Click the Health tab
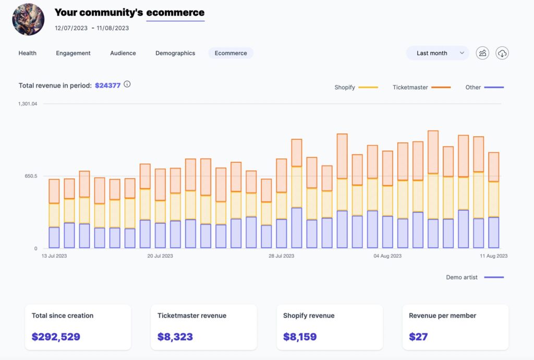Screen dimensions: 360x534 (27, 53)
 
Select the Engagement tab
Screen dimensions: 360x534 (73, 53)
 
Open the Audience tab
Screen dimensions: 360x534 (123, 53)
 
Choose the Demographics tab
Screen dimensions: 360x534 (175, 53)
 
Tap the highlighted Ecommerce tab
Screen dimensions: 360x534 (230, 53)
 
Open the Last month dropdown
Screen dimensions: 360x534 (438, 53)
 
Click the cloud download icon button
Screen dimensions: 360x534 (502, 53)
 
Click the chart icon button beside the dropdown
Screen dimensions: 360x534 (482, 53)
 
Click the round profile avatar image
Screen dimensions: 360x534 (28, 19)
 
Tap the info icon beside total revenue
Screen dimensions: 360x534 (127, 84)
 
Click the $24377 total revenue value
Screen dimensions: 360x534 (107, 86)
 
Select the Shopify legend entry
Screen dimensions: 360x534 (345, 88)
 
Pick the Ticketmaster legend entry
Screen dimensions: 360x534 (410, 88)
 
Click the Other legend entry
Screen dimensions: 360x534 (473, 88)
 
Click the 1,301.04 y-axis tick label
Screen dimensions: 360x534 (28, 104)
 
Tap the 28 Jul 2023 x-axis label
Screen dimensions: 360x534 (281, 256)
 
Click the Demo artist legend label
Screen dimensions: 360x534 (462, 278)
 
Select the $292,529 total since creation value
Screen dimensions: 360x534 (56, 337)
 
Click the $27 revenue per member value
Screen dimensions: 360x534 (418, 337)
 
